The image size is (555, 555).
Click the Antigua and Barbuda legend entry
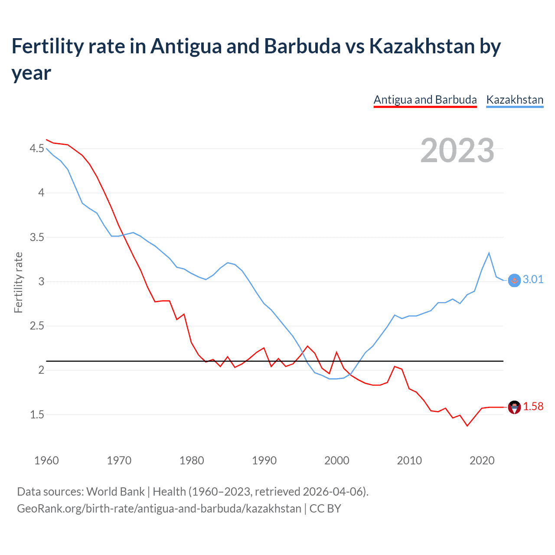pos(425,100)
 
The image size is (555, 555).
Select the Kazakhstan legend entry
pos(515,100)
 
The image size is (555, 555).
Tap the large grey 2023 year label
pos(457,150)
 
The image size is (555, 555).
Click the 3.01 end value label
pos(533,279)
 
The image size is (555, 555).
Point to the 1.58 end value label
pos(533,406)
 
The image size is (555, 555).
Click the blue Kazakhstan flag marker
pos(514,281)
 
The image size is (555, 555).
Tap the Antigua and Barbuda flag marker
pos(514,407)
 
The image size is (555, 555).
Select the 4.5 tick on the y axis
pos(37,149)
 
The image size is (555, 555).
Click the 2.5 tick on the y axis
pos(37,326)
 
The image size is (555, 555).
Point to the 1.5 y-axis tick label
pos(37,415)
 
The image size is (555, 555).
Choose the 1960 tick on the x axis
pos(46,460)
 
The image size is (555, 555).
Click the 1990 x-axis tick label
pos(264,460)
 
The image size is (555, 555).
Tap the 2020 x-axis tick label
pos(482,460)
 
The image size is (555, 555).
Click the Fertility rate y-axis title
pos(18,282)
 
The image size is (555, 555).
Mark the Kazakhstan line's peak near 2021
pos(489,253)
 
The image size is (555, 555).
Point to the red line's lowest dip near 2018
pos(467,426)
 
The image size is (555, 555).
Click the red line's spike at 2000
pos(336,352)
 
